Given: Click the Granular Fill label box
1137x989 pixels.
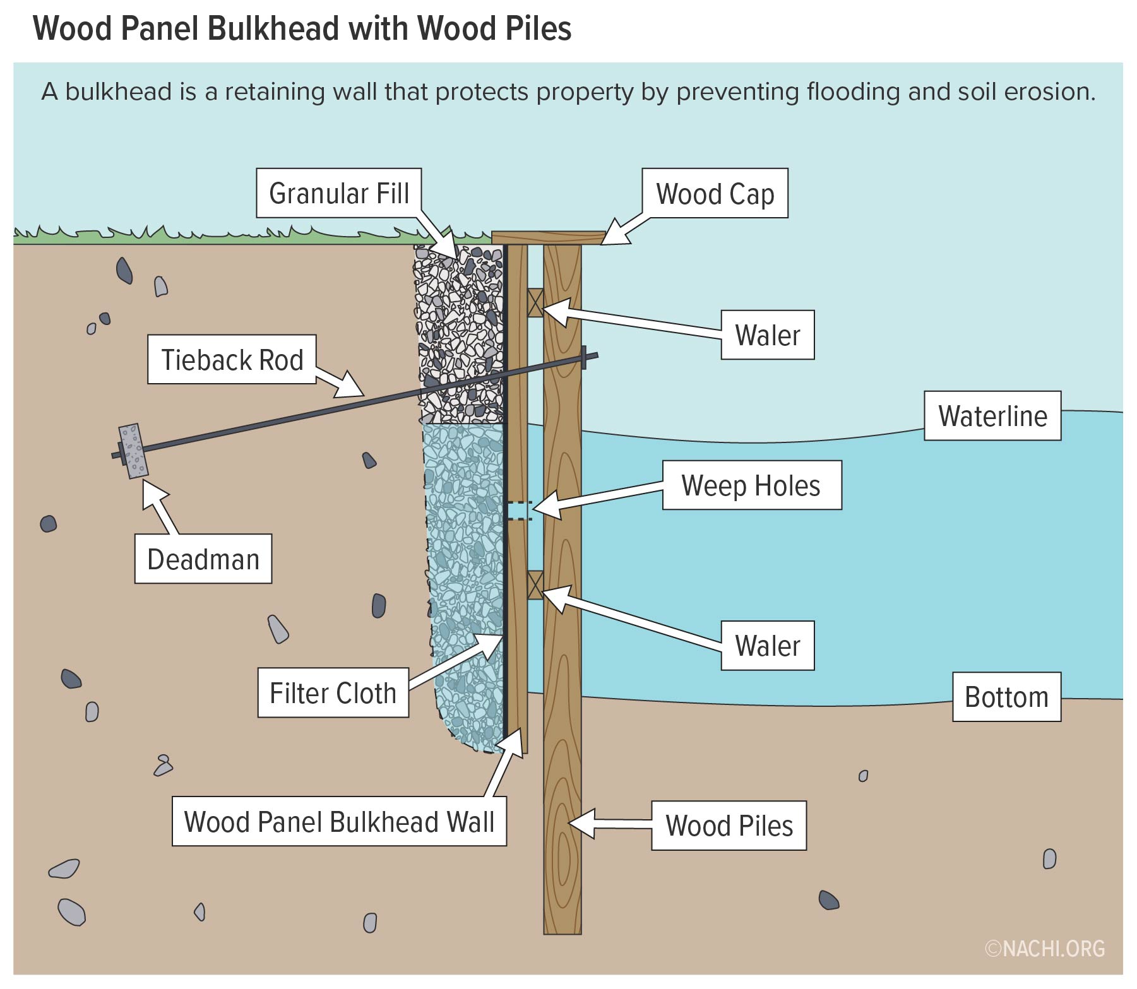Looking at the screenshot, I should (339, 193).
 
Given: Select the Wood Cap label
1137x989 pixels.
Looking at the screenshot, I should (715, 194).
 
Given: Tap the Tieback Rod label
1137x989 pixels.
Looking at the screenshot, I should (232, 360).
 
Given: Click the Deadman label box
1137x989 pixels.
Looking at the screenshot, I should (203, 559).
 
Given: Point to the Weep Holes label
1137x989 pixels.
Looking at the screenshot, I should (751, 485).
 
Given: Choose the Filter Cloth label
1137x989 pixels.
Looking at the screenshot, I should (333, 693).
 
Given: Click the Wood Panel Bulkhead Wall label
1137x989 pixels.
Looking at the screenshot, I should (339, 822).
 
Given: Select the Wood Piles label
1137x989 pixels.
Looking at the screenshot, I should (729, 826).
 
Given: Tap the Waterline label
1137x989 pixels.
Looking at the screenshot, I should (992, 416).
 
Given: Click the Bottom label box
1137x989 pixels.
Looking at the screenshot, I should (1006, 697).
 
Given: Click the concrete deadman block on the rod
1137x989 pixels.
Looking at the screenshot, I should (133, 451).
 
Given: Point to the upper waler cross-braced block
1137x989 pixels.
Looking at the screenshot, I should (535, 303).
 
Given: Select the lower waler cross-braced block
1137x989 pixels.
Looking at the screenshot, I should (535, 585).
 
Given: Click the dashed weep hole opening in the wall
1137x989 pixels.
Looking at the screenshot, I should (519, 510).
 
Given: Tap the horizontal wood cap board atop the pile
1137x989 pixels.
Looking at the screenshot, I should (548, 238).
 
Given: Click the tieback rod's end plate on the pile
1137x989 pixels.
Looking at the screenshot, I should (585, 358).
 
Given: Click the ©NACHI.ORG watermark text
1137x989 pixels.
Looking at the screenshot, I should (1045, 949).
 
